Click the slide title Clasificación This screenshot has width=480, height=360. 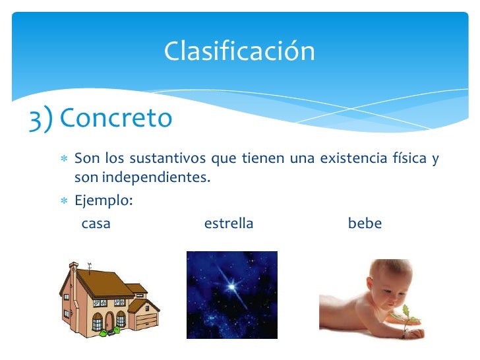click(x=239, y=51)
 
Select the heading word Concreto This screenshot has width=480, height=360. click(x=115, y=119)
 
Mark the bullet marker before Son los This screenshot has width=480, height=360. click(x=64, y=160)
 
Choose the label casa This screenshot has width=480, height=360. click(x=96, y=224)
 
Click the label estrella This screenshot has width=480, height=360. click(x=229, y=224)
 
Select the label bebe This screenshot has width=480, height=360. click(x=365, y=224)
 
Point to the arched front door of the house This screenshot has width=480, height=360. click(x=98, y=322)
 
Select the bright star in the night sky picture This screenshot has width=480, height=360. click(x=231, y=287)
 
